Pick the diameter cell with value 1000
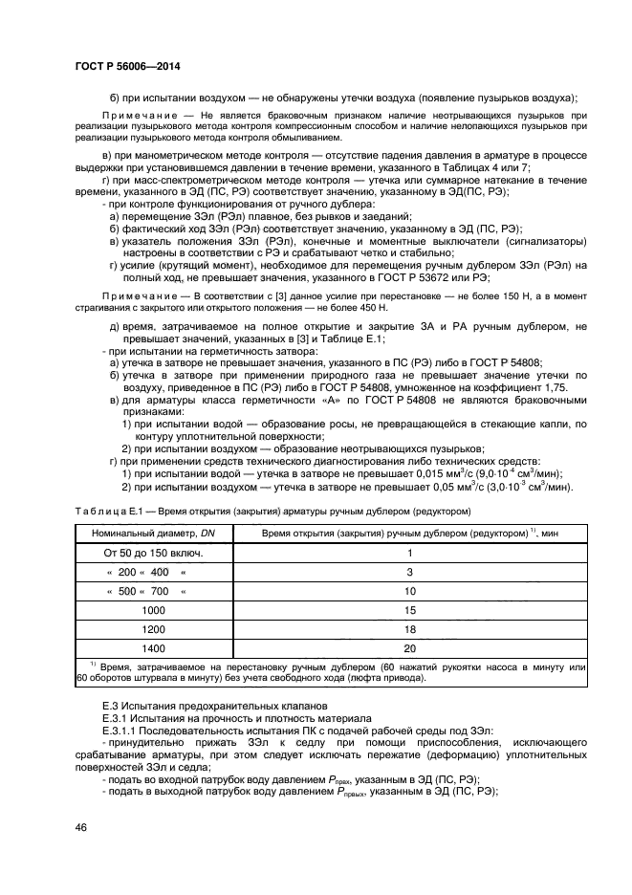[152, 609]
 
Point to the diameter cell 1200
[152, 628]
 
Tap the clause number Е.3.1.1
[123, 730]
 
